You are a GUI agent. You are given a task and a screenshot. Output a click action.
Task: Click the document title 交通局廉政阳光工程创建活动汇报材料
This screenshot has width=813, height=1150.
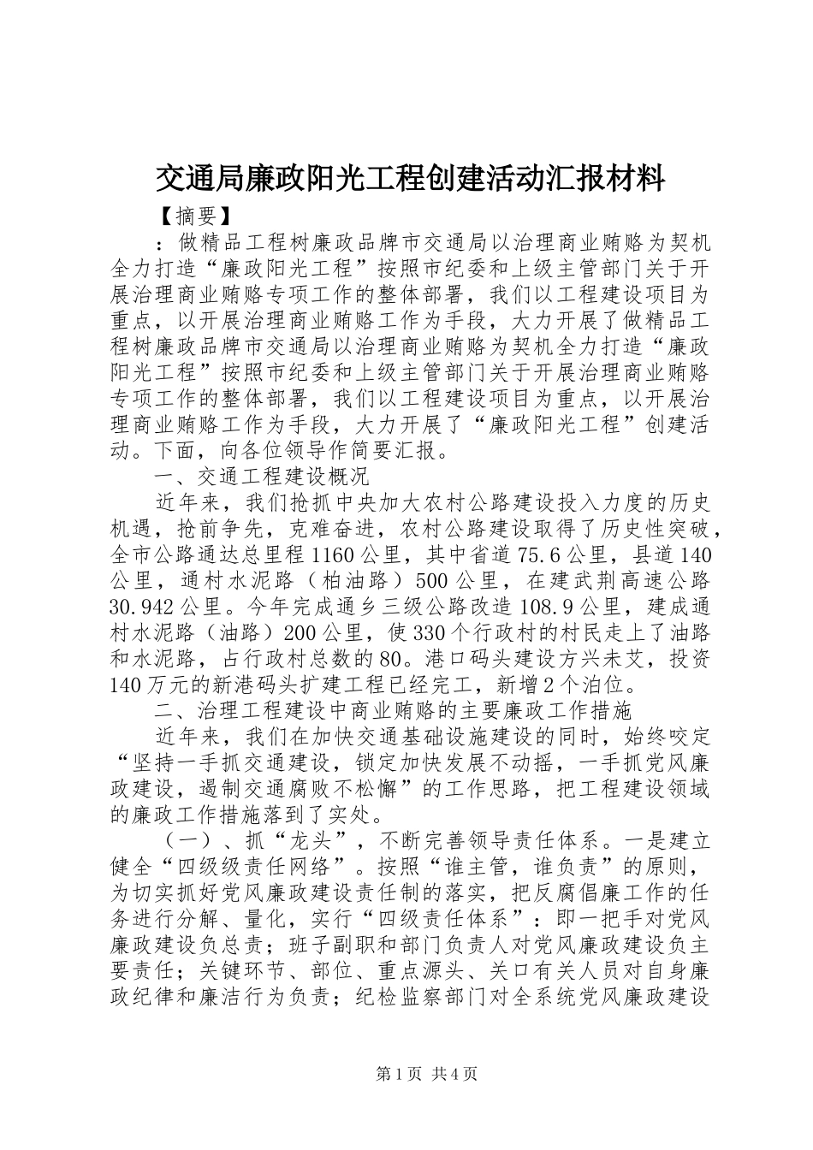coord(410,178)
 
